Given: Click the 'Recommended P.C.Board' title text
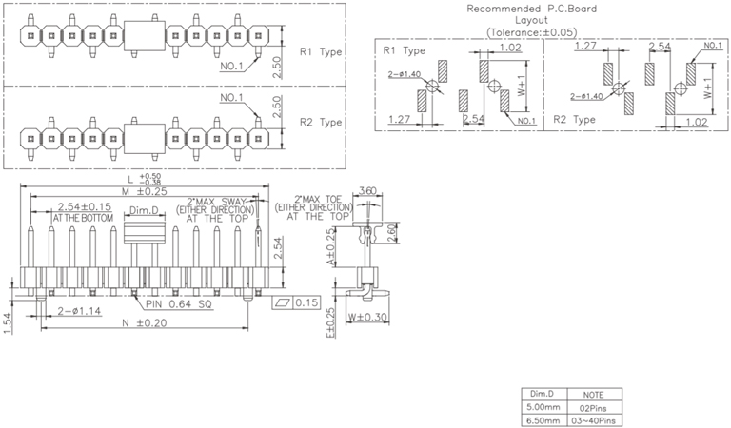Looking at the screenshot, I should tap(530, 9).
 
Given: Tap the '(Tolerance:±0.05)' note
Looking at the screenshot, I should tap(530, 32).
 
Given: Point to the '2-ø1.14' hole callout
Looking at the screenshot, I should tap(81, 312).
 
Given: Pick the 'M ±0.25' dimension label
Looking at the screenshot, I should tap(147, 192).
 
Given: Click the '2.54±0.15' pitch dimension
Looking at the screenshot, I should tap(85, 206).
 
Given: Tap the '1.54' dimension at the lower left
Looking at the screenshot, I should tap(8, 322).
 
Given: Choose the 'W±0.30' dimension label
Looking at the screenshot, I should tap(365, 318).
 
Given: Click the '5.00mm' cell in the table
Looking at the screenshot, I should tap(543, 406).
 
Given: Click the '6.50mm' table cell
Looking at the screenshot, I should tap(543, 418).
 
